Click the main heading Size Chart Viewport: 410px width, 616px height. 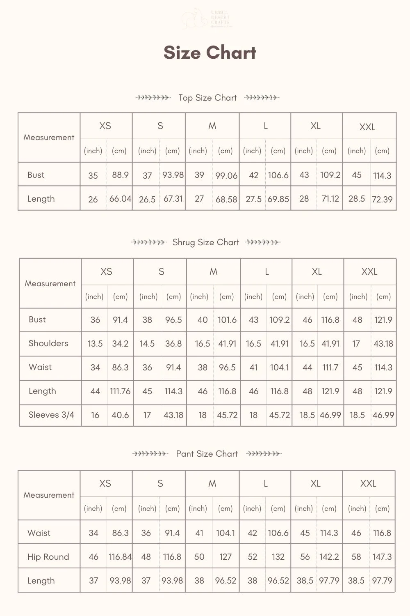(x=210, y=53)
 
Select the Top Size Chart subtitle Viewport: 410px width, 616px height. (x=207, y=98)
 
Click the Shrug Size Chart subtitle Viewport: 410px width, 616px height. (x=205, y=242)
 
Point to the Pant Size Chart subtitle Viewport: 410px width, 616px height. (x=207, y=454)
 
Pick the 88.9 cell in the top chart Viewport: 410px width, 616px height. (x=120, y=175)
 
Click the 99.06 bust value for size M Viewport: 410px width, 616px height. (x=226, y=176)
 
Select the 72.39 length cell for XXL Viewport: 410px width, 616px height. (x=382, y=200)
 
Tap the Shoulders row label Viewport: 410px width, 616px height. (x=48, y=343)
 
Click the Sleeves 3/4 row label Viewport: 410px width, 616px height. (x=51, y=415)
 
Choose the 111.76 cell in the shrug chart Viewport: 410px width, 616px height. (x=120, y=391)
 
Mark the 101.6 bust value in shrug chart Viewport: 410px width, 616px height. (x=227, y=320)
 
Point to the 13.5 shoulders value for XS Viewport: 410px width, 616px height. (x=95, y=344)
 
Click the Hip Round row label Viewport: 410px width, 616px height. (x=48, y=557)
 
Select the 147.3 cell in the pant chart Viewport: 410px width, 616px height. (x=382, y=557)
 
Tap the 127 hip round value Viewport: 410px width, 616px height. (x=225, y=557)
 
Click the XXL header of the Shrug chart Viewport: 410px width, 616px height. (x=369, y=272)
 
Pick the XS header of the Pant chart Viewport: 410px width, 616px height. (x=105, y=484)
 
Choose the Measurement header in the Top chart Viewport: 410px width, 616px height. (x=49, y=138)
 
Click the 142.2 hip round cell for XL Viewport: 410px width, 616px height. (x=329, y=557)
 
